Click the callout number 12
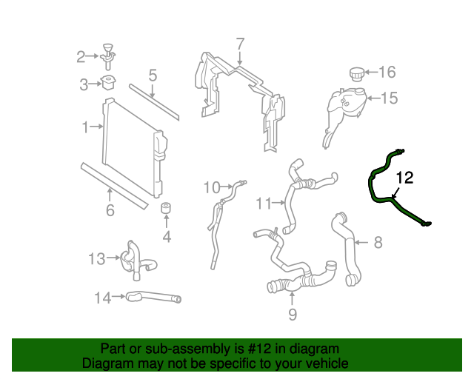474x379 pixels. pos(404,178)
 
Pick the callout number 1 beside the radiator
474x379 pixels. pos(86,127)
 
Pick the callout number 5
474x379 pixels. pos(152,75)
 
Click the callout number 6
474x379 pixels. pos(110,211)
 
